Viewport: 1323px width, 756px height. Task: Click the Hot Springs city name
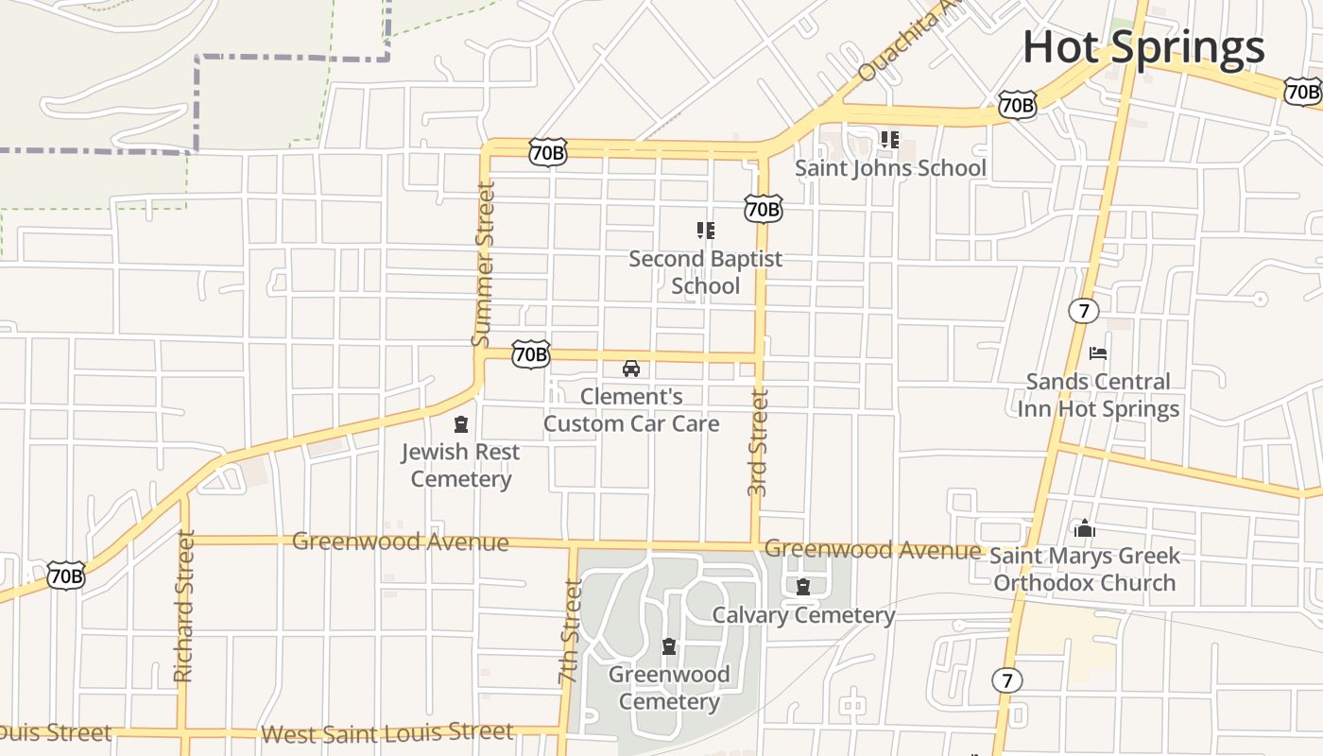click(1143, 47)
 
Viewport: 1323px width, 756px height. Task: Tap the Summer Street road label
click(483, 264)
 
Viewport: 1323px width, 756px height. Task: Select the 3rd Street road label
click(758, 442)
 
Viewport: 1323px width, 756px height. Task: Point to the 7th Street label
click(569, 631)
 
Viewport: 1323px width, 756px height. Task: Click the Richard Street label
click(184, 606)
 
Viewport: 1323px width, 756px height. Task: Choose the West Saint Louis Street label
click(387, 733)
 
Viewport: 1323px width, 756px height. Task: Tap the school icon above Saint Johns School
click(890, 140)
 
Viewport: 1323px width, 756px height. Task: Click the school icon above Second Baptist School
click(705, 230)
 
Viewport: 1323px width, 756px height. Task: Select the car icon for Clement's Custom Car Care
click(631, 369)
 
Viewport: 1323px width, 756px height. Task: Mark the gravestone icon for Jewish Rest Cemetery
click(460, 424)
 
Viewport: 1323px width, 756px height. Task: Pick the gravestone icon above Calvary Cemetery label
click(803, 587)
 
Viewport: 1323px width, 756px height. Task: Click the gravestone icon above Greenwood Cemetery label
click(669, 646)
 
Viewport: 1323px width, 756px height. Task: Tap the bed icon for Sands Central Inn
click(1098, 353)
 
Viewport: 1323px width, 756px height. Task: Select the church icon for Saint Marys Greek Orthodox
click(1084, 527)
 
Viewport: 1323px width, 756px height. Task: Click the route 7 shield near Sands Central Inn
click(1083, 310)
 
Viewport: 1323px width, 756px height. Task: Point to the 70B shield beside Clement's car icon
click(530, 354)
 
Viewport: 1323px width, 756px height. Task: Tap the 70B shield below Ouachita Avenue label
click(1018, 105)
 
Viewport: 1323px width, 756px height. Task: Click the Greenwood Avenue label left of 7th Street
click(400, 541)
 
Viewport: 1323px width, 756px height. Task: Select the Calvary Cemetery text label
click(803, 615)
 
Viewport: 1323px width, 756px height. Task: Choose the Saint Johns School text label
click(890, 168)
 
